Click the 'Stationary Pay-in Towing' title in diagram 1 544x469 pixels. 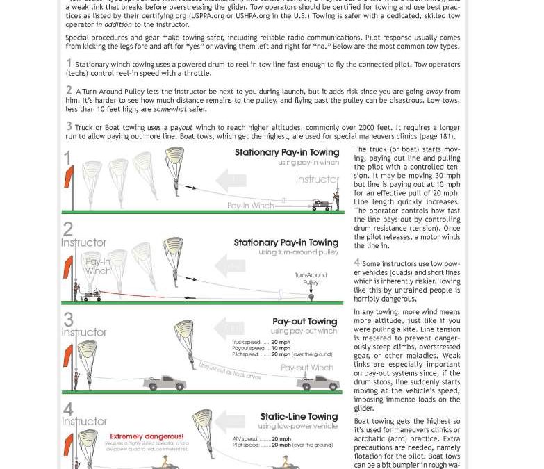click(286, 152)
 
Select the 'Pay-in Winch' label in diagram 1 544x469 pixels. click(250, 206)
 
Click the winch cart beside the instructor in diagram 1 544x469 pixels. click(321, 205)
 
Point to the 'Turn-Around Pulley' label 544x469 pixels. click(311, 279)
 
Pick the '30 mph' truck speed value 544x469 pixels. click(281, 342)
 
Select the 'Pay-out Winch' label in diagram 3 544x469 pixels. click(307, 368)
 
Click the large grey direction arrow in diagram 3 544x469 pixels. click(229, 328)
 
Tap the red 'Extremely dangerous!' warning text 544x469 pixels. click(147, 436)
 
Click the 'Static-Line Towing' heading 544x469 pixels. click(299, 416)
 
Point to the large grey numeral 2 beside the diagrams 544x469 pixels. click(68, 229)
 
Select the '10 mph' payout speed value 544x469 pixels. click(281, 348)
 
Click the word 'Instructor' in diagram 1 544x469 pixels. click(317, 179)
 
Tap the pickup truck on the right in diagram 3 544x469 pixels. click(318, 384)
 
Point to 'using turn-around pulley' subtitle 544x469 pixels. click(298, 252)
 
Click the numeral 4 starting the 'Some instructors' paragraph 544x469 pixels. click(356, 263)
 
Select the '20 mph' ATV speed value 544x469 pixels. click(281, 438)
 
